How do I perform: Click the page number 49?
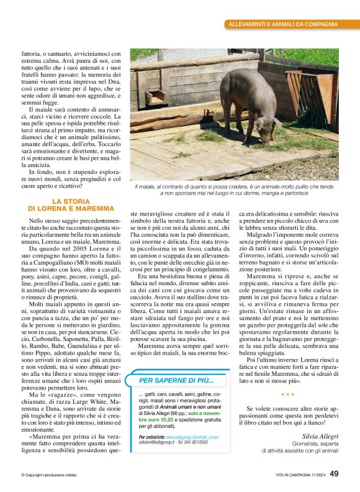pos(334,474)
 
